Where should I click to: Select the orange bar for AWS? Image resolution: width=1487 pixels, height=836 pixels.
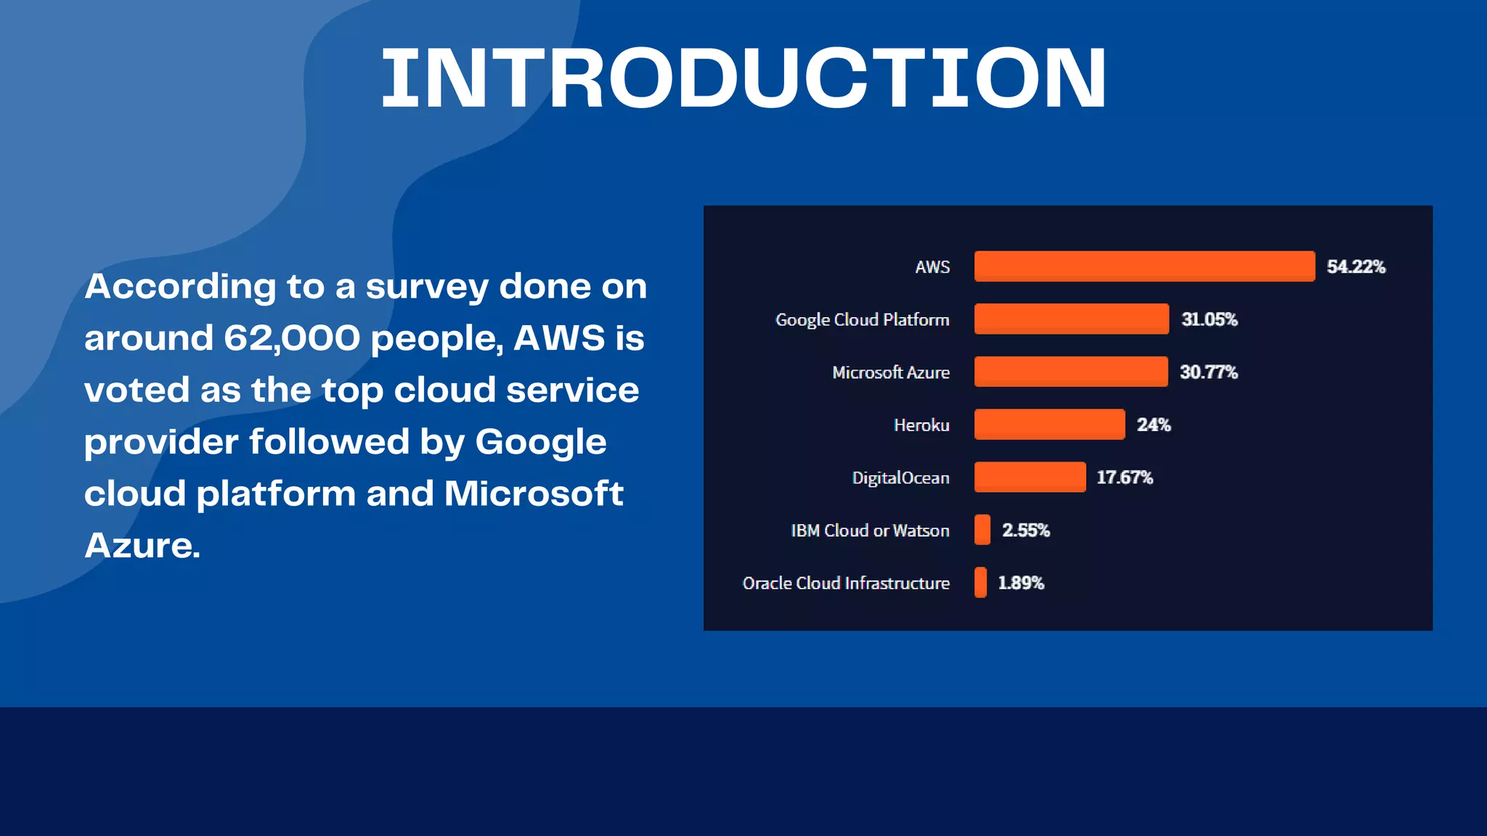point(1144,266)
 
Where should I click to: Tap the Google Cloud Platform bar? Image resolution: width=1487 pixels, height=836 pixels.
point(1071,319)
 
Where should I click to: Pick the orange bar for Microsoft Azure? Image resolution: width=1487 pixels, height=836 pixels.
point(1071,372)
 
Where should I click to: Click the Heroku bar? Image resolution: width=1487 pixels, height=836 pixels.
point(1049,425)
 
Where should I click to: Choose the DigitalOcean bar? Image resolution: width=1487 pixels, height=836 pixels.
point(1030,477)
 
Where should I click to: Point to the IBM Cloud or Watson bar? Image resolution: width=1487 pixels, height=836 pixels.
point(982,530)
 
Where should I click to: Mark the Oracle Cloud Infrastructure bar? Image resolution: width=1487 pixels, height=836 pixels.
point(981,582)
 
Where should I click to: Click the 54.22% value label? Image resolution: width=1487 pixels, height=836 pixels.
point(1356,267)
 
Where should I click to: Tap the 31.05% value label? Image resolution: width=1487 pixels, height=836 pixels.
point(1209,319)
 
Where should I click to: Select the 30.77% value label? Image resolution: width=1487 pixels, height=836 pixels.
point(1208,372)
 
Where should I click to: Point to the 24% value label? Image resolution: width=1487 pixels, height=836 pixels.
point(1153,425)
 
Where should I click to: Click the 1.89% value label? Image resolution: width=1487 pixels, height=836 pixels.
point(1020,583)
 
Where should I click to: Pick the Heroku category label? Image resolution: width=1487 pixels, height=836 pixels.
point(921,425)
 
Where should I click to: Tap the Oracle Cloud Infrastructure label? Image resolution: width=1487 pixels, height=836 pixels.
point(846,583)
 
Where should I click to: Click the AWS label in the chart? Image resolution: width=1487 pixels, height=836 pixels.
point(932,267)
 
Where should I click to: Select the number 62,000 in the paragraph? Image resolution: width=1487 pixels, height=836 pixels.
point(292,338)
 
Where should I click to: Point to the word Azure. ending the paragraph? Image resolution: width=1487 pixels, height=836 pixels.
point(142,546)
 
